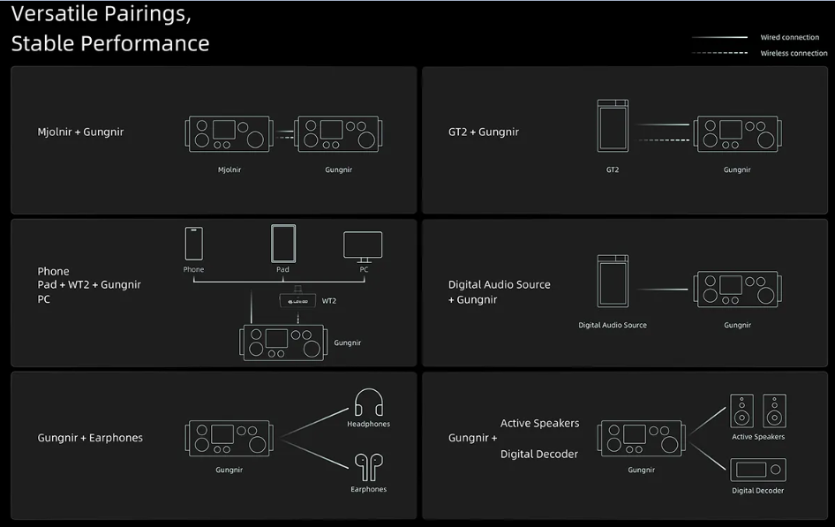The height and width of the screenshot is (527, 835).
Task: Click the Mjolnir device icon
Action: [x=229, y=133]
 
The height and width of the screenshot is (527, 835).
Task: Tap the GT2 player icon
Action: [x=613, y=125]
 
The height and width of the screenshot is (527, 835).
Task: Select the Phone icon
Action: [x=193, y=244]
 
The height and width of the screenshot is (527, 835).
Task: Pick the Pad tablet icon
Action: [x=282, y=244]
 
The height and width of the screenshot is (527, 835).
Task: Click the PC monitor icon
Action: [x=363, y=246]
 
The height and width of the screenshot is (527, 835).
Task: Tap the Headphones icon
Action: [x=368, y=402]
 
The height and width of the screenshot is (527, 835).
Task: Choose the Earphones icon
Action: [x=368, y=467]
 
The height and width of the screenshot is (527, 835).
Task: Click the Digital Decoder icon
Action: [x=758, y=470]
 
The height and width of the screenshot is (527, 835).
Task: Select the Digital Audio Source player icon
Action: [x=613, y=281]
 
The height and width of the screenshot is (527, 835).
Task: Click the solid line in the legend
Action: [x=719, y=37]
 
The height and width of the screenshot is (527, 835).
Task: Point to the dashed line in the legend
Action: [x=719, y=53]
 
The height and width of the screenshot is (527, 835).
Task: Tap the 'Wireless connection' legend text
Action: [x=794, y=53]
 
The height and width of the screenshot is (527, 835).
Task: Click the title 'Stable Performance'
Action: [x=110, y=43]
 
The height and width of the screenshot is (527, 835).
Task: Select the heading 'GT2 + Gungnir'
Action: [x=484, y=132]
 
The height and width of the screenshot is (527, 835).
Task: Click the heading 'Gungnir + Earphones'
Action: [x=90, y=438]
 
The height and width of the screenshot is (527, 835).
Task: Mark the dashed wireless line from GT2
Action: [x=664, y=140]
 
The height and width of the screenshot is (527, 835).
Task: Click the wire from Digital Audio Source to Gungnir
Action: [x=663, y=289]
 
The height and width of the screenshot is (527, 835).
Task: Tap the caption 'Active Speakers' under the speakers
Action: [x=758, y=436]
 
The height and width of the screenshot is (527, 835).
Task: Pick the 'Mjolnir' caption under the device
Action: [x=229, y=169]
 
